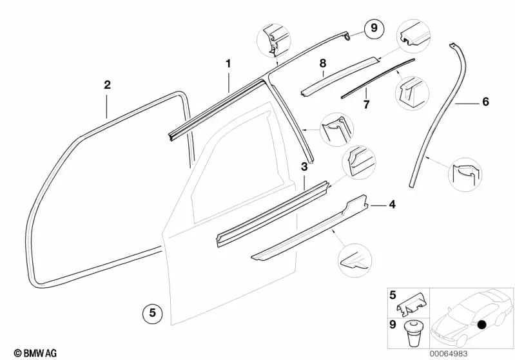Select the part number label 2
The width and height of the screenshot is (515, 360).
[107, 84]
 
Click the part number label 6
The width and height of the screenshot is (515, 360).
[485, 102]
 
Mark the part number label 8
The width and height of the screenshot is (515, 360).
[324, 63]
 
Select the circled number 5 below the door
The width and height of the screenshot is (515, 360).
[152, 314]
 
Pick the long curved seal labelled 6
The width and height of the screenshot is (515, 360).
[438, 116]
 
